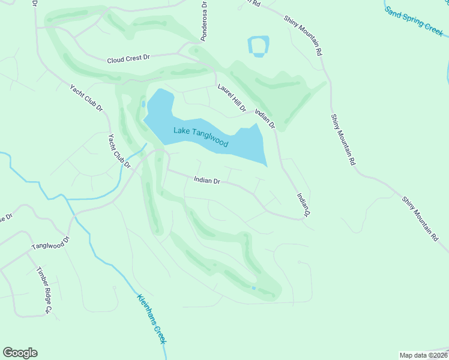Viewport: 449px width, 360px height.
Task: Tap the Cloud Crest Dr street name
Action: click(128, 60)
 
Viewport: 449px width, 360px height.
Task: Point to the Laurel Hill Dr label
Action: click(232, 97)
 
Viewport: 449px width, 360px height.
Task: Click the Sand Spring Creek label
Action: click(414, 22)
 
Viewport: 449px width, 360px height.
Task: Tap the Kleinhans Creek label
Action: click(151, 319)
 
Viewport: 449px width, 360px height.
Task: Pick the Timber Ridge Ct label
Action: click(44, 291)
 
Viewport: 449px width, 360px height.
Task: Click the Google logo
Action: click(20, 353)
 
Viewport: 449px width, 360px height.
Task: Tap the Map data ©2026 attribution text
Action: click(423, 355)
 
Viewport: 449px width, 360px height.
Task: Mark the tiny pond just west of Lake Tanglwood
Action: click(142, 104)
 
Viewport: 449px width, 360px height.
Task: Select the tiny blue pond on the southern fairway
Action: click(253, 288)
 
